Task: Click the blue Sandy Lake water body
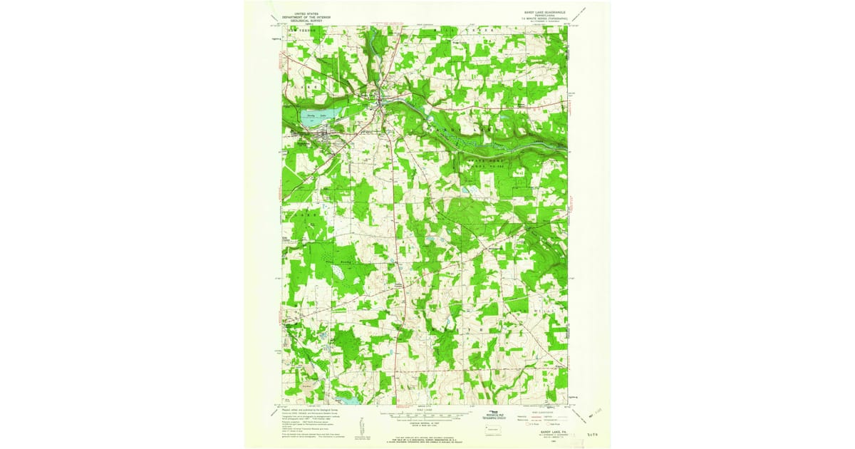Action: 312,118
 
